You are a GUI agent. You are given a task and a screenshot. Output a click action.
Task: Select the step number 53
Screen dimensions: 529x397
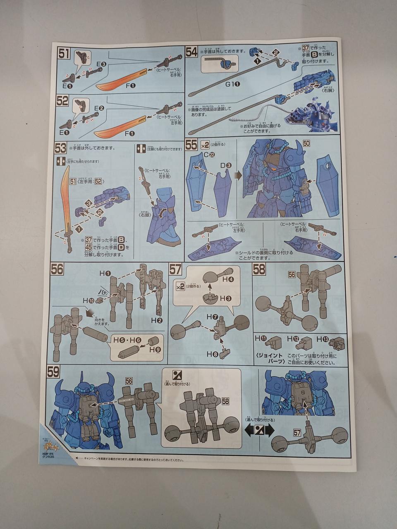click(x=60, y=147)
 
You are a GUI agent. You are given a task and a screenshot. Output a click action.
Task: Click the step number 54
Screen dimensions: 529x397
click(x=191, y=52)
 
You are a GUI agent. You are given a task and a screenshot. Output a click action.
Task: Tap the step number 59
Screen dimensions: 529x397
click(x=54, y=372)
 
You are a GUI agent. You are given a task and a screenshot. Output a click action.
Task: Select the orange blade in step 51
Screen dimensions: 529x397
click(x=122, y=79)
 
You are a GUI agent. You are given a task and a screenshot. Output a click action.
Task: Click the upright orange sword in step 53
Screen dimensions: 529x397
click(x=67, y=203)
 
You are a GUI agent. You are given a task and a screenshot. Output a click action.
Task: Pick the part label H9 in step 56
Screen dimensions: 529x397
click(x=155, y=350)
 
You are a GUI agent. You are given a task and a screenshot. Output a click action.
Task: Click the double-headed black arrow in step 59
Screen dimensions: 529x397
click(x=259, y=429)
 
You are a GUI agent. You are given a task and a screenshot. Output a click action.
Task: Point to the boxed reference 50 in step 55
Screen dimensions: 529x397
click(x=306, y=143)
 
